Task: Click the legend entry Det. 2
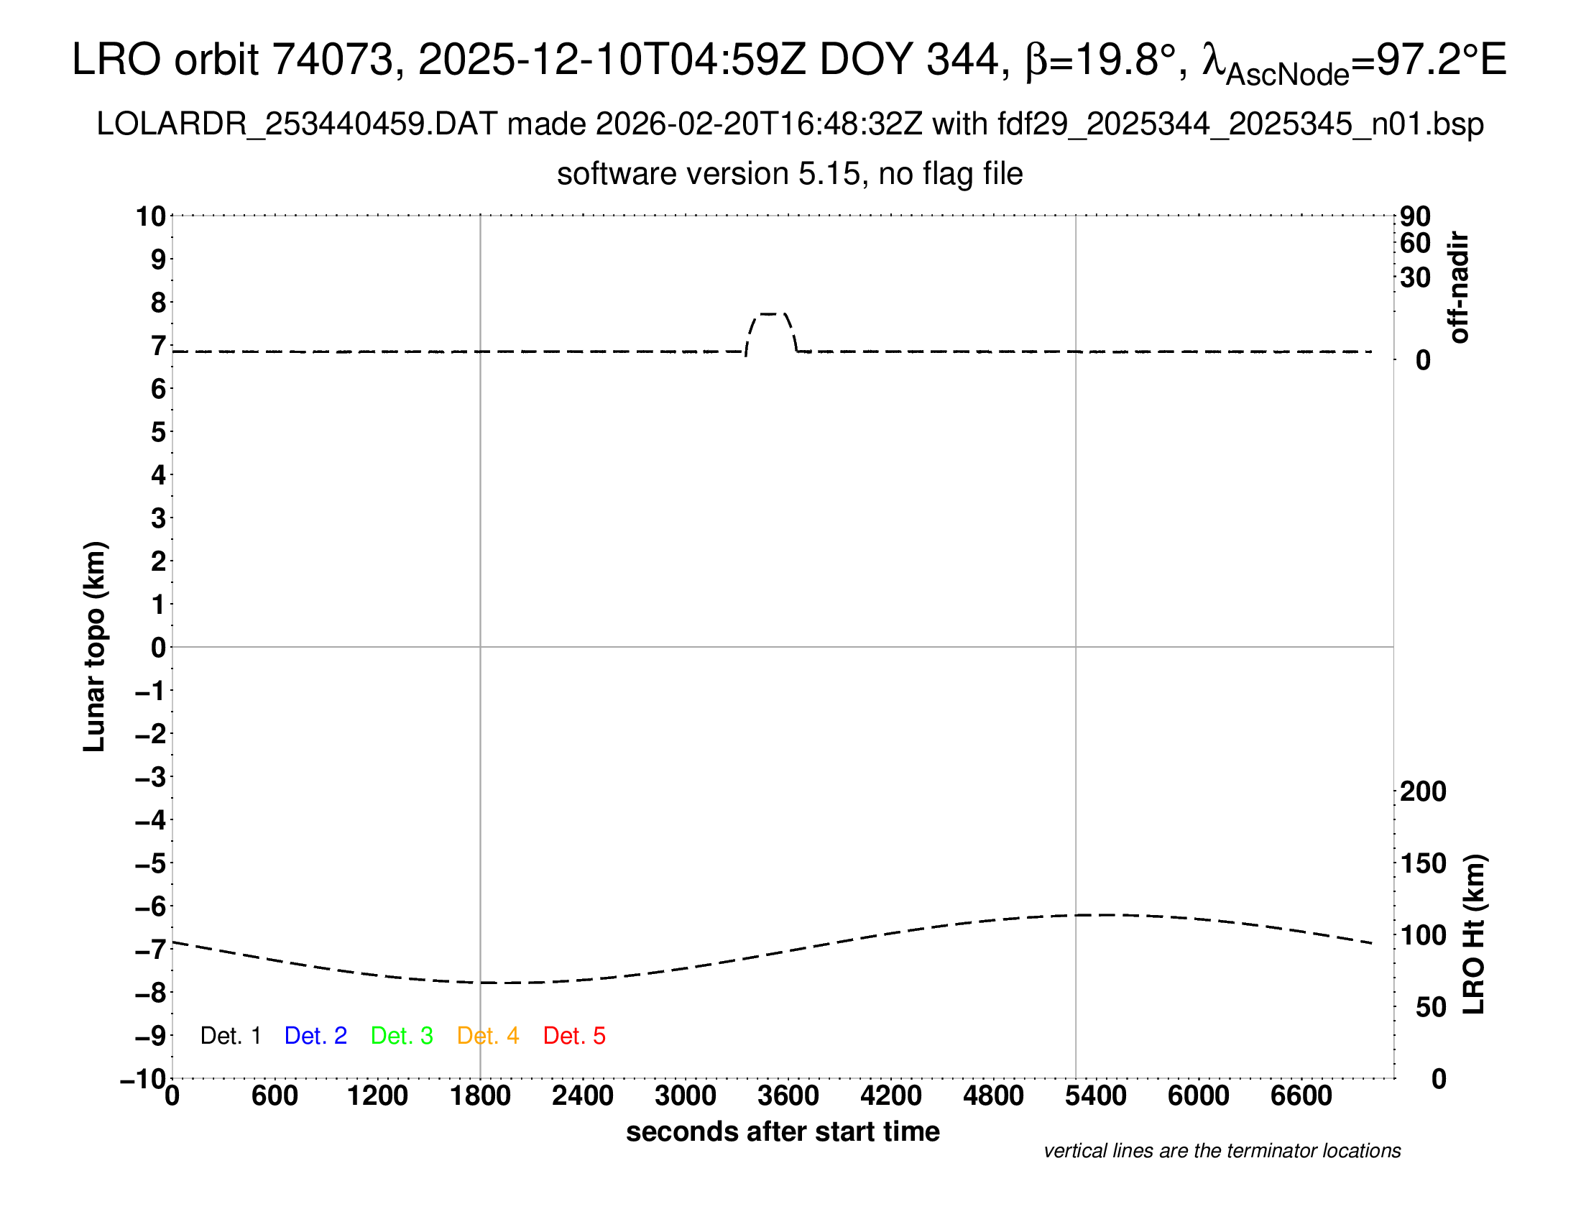[315, 1036]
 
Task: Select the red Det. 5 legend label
[574, 1036]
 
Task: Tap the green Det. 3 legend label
[402, 1036]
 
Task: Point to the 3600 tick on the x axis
[788, 1096]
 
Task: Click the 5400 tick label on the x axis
[1096, 1096]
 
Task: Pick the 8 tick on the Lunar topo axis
[159, 303]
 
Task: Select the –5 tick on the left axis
[151, 863]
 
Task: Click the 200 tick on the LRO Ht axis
[1423, 791]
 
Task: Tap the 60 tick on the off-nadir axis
[1415, 243]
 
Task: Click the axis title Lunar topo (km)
[95, 646]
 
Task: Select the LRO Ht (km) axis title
[1474, 934]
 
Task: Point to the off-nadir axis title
[1460, 288]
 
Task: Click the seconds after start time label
[783, 1131]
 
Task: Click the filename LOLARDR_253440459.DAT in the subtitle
[297, 124]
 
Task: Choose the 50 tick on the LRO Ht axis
[1430, 1007]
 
